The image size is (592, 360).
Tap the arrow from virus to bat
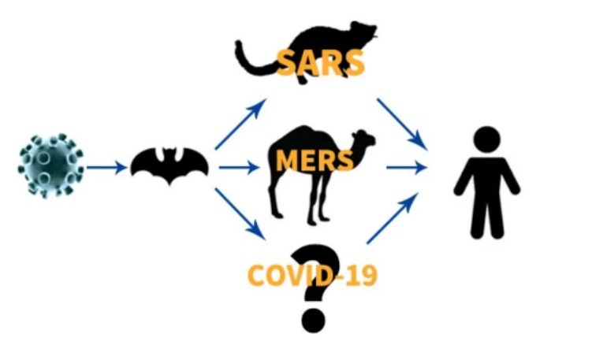point(106,167)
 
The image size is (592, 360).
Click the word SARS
point(321,61)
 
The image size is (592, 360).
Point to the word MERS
point(315,160)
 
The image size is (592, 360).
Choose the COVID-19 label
point(312,275)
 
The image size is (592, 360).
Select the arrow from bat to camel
point(238,167)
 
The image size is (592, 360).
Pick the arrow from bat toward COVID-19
point(240,212)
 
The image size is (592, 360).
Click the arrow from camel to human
point(407,167)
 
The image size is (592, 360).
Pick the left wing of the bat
point(147,162)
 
